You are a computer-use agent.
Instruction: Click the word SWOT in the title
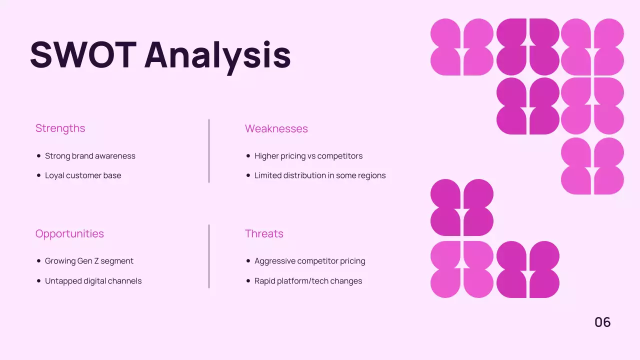[83, 54]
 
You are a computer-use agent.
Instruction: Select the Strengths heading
[60, 128]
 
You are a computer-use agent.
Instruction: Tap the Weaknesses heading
[276, 129]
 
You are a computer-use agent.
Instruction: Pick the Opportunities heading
[69, 234]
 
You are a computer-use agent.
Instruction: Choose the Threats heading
[264, 234]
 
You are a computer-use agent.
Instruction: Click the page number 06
[602, 322]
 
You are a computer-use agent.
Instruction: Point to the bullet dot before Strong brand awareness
[39, 156]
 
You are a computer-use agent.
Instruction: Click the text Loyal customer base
[83, 175]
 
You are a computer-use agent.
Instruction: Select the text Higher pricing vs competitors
[308, 156]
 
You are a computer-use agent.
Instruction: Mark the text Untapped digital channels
[93, 281]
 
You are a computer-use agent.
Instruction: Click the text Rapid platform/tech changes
[308, 281]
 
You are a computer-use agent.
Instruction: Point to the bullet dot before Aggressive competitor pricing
[248, 261]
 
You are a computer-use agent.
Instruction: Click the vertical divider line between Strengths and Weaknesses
[209, 151]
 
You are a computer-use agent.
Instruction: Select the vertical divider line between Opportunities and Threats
[209, 256]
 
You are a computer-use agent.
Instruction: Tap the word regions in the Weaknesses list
[371, 176]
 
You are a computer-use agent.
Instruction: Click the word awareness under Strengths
[116, 156]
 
